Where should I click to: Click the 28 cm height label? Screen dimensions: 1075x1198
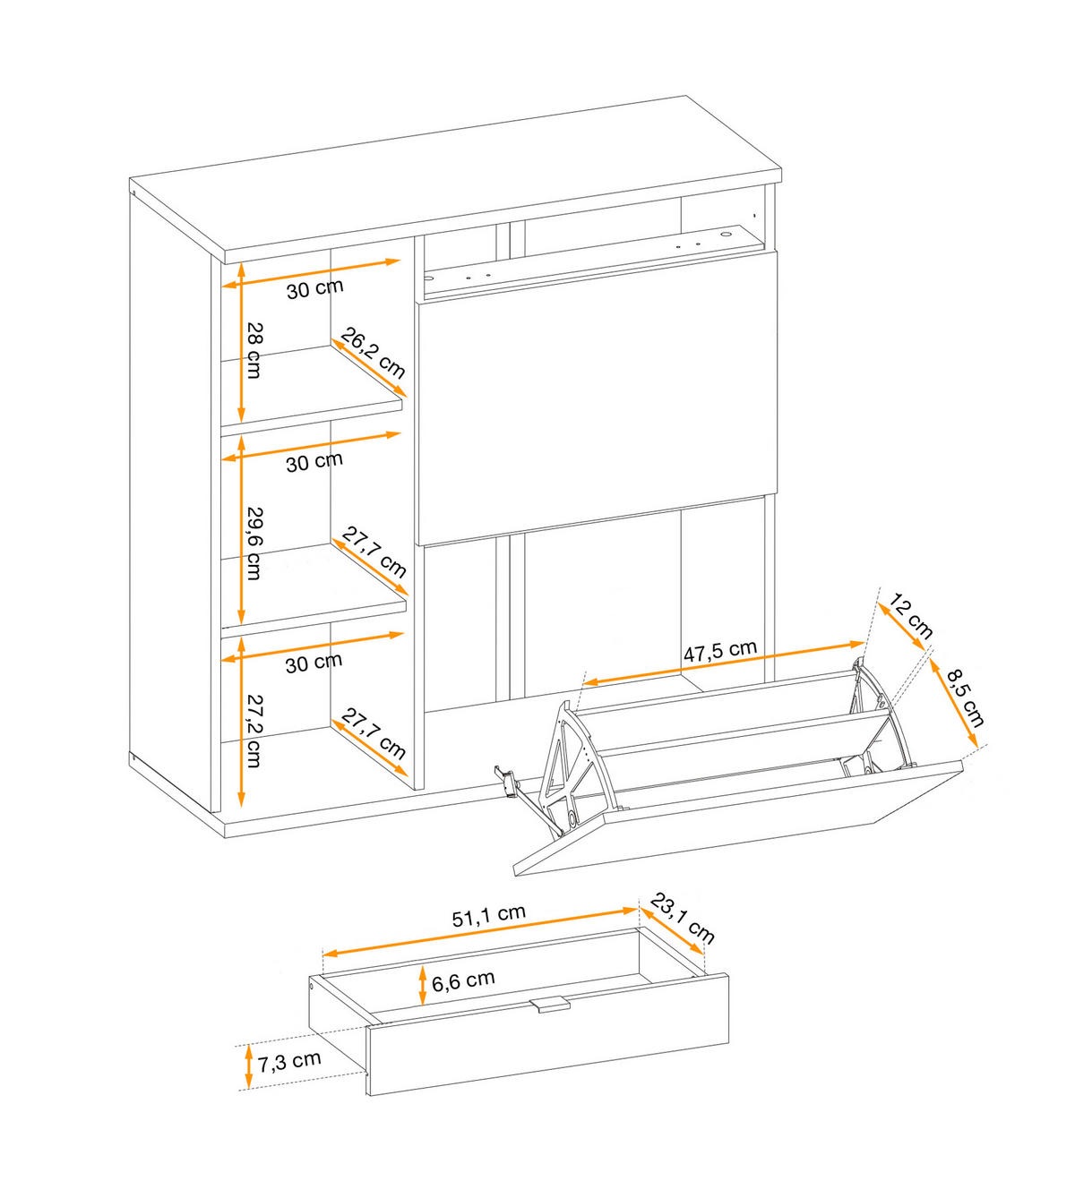coord(254,350)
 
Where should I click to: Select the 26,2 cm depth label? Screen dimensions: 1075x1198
coord(374,353)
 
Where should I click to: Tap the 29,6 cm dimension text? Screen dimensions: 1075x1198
coord(254,543)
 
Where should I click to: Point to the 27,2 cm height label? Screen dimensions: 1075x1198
coord(254,731)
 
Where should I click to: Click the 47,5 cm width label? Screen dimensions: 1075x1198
coord(720,651)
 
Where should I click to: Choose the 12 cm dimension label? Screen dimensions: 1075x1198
coord(910,617)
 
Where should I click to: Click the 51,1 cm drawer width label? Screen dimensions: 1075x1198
coord(489,916)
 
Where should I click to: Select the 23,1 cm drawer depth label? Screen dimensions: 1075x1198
coord(683,919)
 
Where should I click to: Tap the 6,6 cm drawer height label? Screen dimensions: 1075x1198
coord(462,980)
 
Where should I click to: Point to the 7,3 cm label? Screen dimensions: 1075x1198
coord(288,1061)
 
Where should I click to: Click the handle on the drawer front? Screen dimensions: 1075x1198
coord(550,1005)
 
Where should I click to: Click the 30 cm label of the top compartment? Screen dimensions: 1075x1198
coord(314,288)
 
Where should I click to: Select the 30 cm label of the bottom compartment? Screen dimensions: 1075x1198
coord(314,663)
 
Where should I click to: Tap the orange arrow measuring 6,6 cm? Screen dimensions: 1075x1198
coord(423,986)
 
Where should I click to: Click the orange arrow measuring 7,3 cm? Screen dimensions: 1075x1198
coord(249,1066)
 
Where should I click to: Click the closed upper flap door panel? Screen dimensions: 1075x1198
coord(597,397)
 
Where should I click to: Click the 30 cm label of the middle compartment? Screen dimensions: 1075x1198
coord(314,462)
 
